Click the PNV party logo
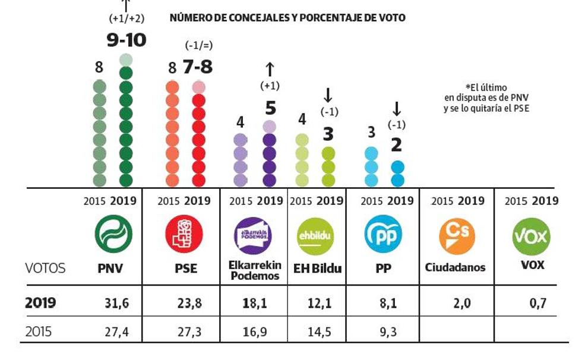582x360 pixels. [113, 233]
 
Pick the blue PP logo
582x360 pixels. [383, 234]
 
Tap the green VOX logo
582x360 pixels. [531, 234]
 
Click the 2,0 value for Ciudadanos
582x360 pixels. [457, 303]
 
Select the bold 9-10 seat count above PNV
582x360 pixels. [125, 40]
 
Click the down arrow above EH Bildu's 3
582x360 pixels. [328, 95]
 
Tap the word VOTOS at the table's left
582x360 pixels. [47, 268]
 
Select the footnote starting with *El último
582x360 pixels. [486, 97]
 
